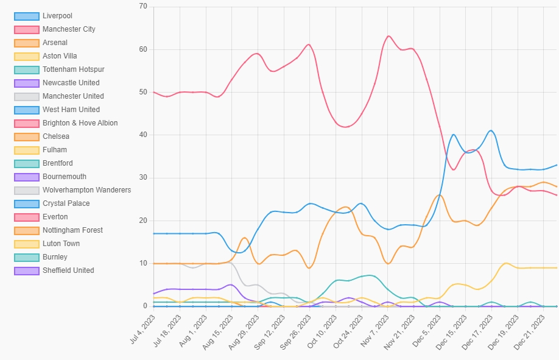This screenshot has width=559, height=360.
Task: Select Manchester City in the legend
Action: tap(69, 29)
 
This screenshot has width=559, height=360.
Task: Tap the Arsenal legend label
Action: tap(55, 43)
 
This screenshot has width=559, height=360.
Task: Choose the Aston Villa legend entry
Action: tap(60, 56)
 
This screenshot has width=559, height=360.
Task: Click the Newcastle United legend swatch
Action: tap(26, 83)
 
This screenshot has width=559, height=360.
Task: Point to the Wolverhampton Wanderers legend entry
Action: tap(86, 190)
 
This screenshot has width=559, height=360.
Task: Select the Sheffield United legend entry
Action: tap(68, 270)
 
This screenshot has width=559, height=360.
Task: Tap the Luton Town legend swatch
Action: tap(26, 244)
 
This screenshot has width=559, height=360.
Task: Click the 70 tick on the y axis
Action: tap(143, 7)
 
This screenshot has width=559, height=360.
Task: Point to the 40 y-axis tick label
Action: tap(143, 135)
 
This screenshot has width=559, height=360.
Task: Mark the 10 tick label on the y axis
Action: tap(143, 263)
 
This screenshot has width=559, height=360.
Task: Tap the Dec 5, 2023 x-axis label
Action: tap(427, 333)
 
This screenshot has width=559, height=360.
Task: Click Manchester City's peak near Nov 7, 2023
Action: tap(388, 36)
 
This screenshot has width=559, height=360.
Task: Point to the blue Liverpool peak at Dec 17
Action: tap(491, 130)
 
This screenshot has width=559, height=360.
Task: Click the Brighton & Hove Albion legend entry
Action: tap(80, 123)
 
